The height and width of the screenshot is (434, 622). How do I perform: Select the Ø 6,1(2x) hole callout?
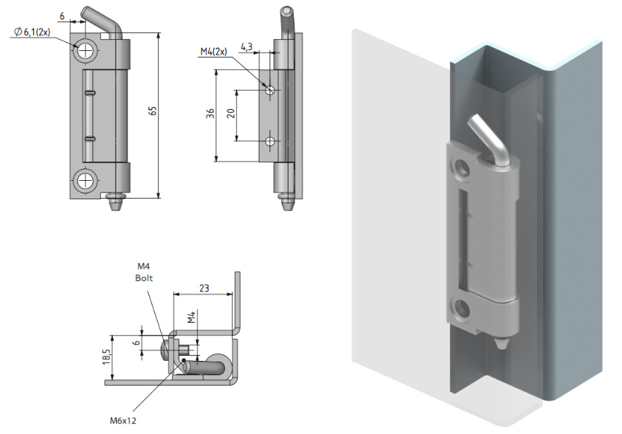point(32,32)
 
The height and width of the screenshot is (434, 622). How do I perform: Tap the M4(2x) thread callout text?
point(214,51)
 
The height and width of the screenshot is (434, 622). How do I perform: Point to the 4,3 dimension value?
point(246,46)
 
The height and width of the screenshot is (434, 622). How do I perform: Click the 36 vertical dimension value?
point(210,114)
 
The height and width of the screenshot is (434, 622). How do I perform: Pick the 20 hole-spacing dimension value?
point(231,114)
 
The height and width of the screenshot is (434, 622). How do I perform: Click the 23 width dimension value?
point(204,288)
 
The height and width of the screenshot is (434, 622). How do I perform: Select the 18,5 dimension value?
point(107,356)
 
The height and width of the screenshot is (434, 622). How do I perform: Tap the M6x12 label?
point(123,421)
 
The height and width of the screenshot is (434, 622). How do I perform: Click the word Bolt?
point(144,278)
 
